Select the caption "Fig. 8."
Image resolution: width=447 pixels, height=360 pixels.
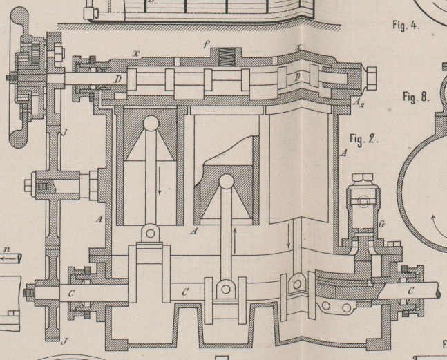[416, 97]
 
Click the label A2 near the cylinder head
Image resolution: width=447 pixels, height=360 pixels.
[358, 103]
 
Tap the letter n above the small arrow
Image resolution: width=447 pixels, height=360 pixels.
[8, 249]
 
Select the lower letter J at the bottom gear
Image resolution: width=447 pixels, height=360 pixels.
[64, 341]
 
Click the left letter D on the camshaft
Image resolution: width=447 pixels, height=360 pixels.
[118, 80]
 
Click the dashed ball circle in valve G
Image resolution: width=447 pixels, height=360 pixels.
[363, 202]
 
